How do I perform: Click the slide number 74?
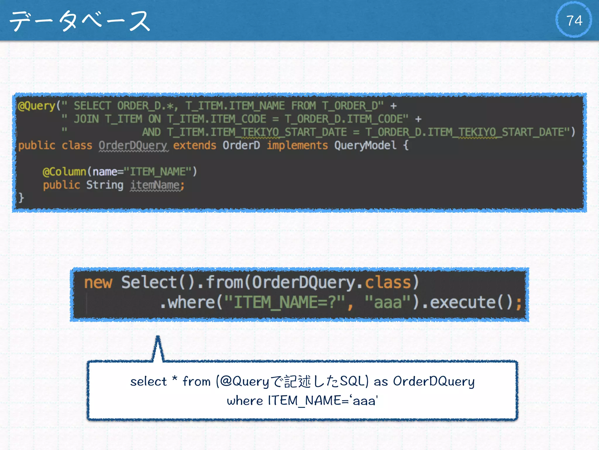point(574,21)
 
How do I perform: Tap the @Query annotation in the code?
point(37,106)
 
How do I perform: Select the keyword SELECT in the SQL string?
point(92,106)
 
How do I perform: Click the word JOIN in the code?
point(86,119)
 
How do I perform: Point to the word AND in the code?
point(151,132)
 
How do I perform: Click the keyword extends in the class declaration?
point(194,145)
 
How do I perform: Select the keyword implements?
point(297,145)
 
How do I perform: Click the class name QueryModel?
point(365,145)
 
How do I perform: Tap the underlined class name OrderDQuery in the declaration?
point(133,145)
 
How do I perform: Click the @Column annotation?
point(64,172)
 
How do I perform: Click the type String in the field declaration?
point(105,185)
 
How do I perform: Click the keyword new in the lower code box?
point(98,282)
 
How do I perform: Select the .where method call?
point(187,302)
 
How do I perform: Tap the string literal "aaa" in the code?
point(388,302)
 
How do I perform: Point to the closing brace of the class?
point(21,198)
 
